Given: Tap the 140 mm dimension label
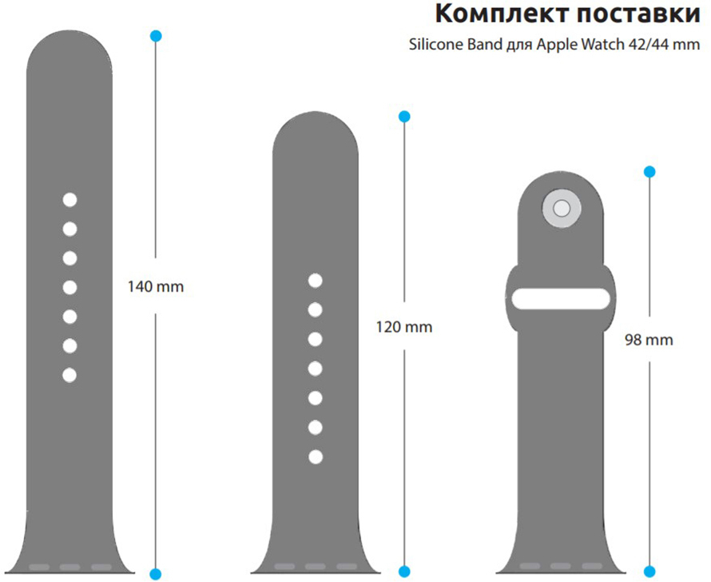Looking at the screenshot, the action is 156,286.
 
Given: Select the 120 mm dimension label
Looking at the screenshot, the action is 403,326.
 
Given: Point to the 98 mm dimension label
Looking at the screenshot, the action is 649,340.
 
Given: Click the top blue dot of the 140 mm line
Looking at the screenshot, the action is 157,36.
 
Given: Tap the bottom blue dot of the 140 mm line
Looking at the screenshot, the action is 157,573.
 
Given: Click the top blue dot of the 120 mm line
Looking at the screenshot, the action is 404,117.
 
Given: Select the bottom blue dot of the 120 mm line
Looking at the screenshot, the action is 404,573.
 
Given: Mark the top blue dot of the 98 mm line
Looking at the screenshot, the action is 649,171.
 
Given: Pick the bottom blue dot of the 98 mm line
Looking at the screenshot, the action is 649,573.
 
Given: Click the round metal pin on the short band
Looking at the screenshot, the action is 560,209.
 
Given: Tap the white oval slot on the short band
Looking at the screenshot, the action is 560,299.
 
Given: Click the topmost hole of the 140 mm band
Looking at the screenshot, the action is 70,200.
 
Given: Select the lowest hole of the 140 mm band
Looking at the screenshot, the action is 70,375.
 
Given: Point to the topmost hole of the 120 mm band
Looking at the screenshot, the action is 316,280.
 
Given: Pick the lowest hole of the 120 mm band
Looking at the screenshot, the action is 316,456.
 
